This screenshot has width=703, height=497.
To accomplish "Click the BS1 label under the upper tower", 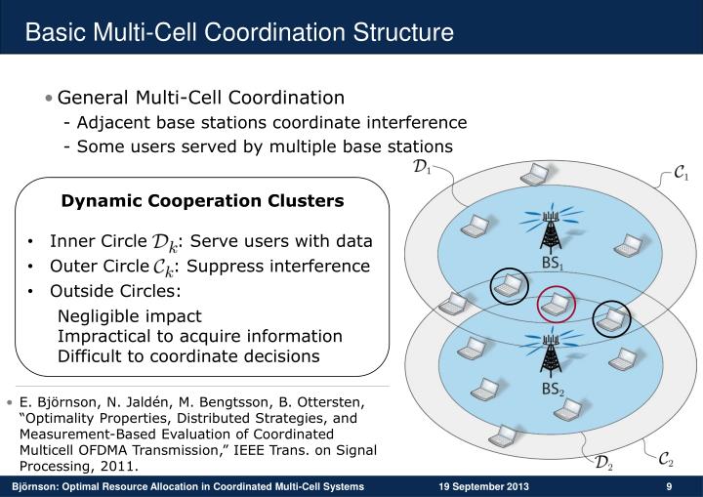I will [x=554, y=264].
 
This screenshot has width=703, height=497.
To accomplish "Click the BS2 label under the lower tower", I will [x=554, y=390].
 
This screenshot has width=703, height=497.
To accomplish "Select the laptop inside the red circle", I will [x=556, y=305].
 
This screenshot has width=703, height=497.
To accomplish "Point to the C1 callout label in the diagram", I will [x=682, y=176].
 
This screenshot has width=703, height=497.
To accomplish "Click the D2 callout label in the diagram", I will [x=604, y=462].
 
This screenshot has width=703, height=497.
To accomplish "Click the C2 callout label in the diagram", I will [x=664, y=458].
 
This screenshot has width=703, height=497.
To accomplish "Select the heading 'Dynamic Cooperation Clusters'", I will [x=203, y=201].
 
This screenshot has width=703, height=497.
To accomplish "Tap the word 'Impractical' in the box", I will [x=101, y=336].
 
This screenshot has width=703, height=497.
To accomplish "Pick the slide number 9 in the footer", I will [x=669, y=486].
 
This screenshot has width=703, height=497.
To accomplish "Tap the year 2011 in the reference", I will [x=112, y=466].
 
